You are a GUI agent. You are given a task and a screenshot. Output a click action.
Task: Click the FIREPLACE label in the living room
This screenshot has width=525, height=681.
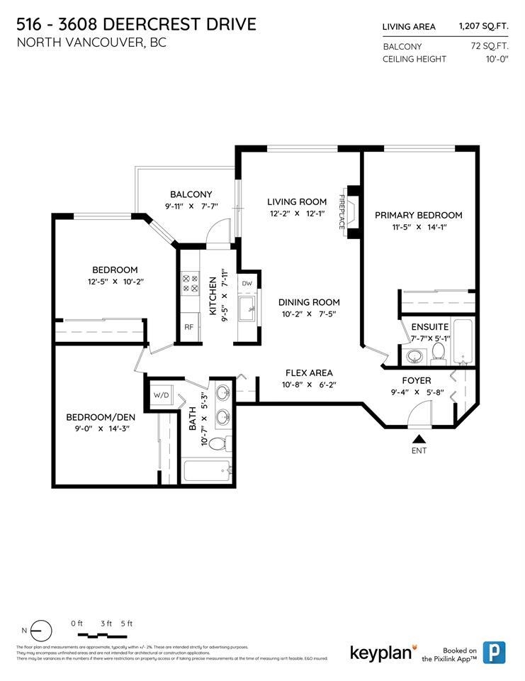(341, 211)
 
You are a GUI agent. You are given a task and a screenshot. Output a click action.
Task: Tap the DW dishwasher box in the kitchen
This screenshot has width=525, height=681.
(247, 283)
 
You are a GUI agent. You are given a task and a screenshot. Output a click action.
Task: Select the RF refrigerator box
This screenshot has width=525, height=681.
(188, 327)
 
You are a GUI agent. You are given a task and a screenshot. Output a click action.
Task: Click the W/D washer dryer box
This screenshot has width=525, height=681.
(161, 395)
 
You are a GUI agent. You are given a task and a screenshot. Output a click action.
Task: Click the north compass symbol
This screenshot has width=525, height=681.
(41, 630)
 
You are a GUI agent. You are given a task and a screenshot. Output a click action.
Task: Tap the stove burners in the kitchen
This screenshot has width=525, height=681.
(191, 284)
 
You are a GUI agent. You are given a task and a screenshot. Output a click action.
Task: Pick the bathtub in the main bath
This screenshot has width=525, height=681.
(207, 470)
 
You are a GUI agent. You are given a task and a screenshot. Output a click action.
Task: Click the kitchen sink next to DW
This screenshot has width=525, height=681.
(247, 309)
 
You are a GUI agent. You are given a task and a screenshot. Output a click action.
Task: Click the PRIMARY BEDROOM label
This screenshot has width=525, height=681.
(418, 215)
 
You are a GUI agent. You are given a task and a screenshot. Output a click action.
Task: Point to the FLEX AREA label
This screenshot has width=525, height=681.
(309, 373)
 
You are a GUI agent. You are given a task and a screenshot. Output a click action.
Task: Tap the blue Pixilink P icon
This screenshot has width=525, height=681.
(494, 652)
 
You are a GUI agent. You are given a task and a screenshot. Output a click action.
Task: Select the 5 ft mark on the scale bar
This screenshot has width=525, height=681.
(126, 624)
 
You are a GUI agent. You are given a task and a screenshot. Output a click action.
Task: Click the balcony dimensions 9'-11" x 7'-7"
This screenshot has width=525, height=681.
(191, 207)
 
